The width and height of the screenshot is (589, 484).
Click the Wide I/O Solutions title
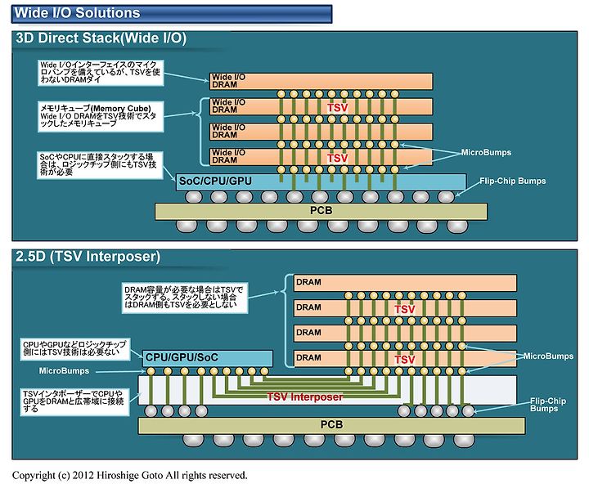pos(77,13)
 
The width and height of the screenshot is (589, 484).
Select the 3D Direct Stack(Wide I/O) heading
pos(101,38)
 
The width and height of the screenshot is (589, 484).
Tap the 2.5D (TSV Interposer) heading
pos(88,257)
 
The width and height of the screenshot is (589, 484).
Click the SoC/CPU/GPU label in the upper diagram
pos(215,181)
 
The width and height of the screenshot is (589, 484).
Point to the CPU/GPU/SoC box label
pos(182,357)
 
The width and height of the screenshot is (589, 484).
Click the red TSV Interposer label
pos(304,397)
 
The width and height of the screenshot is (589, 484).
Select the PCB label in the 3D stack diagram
pos(321,211)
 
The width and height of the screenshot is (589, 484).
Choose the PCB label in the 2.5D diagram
pos(331,424)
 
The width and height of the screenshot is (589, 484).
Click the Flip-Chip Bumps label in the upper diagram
pos(512,181)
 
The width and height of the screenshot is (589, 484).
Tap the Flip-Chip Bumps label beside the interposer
pos(547,405)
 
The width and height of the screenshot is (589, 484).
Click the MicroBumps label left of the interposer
pos(65,371)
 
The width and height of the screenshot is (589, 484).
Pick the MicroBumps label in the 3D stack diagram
pos(486,152)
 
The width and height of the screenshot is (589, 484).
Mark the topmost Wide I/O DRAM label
pos(228,81)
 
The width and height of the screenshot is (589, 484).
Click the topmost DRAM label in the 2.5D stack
pos(308,282)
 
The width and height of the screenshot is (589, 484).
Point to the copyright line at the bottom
pos(129,475)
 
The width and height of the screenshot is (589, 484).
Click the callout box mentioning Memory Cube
pos(101,116)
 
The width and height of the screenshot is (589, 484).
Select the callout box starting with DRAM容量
pos(185,298)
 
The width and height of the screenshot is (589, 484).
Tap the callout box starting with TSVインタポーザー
pos(74,402)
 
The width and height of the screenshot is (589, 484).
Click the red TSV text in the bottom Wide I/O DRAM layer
pos(337,159)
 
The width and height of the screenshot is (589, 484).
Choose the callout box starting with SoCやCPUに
pos(100,165)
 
